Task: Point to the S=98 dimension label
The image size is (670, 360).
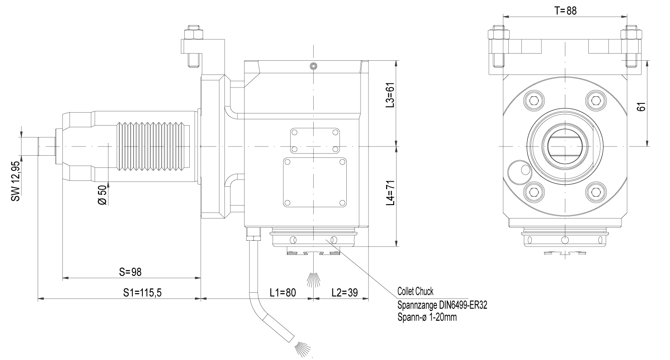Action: point(130,272)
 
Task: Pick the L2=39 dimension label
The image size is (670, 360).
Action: point(344,293)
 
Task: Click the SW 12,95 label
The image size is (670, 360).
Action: point(16,181)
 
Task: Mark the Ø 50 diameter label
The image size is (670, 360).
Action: point(103,195)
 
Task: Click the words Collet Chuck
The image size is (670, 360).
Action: point(415,291)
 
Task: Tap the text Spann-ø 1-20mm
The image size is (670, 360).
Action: point(427,317)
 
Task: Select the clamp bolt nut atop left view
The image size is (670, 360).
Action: point(193,32)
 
